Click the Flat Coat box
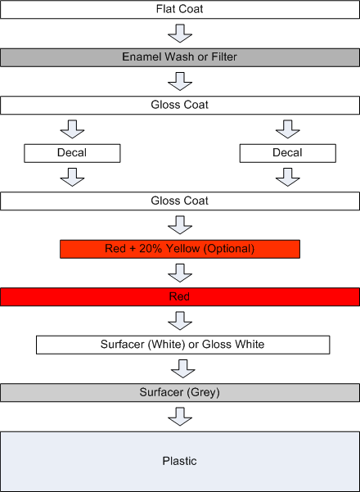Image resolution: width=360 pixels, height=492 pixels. [180, 9]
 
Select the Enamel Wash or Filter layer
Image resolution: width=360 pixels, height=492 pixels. [180, 57]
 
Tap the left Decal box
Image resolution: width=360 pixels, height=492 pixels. [72, 153]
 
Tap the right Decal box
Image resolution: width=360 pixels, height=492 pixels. [287, 153]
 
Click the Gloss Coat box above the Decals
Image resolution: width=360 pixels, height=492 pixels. [180, 105]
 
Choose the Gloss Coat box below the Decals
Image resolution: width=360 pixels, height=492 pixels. [180, 201]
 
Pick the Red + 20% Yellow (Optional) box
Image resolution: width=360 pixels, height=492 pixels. [180, 249]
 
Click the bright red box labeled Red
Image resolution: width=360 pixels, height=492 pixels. [180, 297]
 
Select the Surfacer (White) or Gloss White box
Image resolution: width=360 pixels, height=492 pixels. [182, 345]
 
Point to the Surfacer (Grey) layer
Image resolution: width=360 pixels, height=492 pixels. [180, 392]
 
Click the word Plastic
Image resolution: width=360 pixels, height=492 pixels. [180, 461]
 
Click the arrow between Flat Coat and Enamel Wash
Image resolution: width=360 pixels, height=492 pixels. [180, 34]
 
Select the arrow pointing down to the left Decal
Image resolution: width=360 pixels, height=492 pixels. [72, 129]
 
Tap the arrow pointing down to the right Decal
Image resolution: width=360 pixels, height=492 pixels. [287, 129]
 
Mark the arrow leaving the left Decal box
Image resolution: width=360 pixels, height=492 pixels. [72, 177]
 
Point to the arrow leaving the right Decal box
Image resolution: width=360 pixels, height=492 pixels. [287, 177]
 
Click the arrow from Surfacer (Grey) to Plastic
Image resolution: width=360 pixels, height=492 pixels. [180, 417]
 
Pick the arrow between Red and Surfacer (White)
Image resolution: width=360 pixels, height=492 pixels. [180, 321]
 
